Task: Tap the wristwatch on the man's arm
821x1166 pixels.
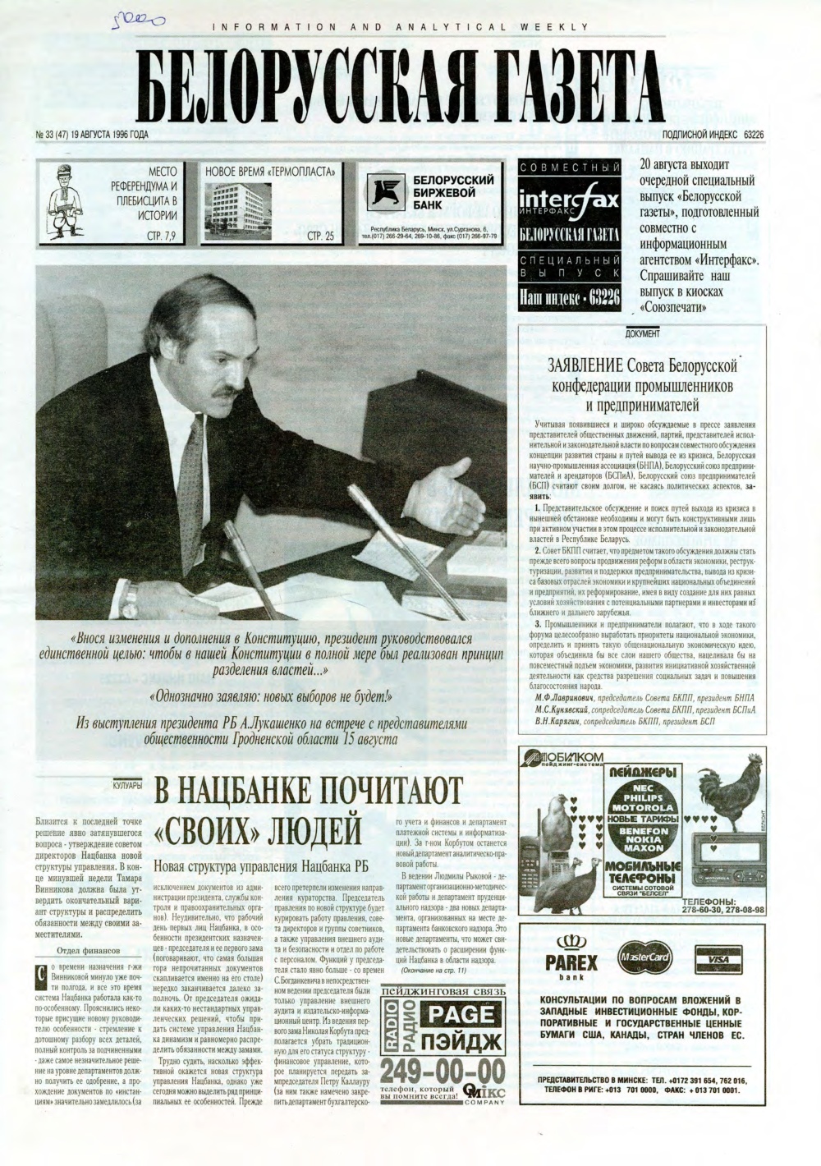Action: pos(130,599)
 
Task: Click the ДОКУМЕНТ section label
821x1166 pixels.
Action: pos(642,334)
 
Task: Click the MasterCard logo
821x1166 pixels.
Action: pos(644,957)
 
